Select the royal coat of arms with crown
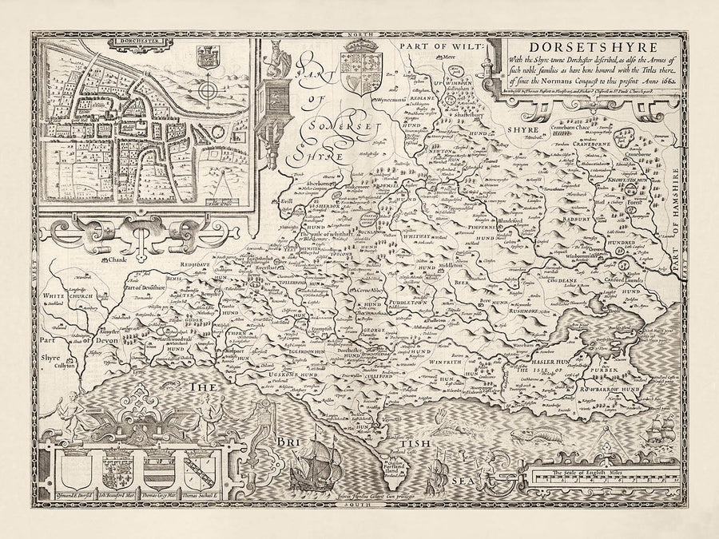pyautogui.click(x=356, y=74)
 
